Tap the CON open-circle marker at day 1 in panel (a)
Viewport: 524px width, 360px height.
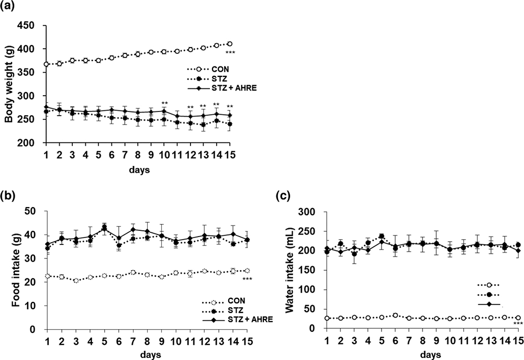[47, 64]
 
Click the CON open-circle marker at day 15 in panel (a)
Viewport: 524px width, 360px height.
[229, 44]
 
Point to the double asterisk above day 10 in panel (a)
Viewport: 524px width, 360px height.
[164, 103]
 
